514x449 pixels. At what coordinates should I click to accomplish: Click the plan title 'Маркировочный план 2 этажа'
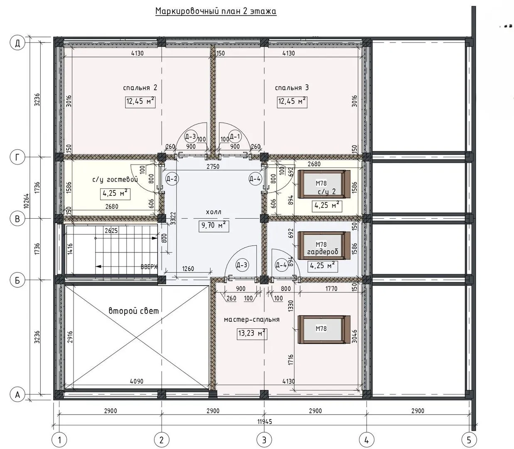pos(216,11)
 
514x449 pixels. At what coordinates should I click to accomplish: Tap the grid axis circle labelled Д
pos(17,43)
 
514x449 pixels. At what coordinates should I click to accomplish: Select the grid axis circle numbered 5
pos(469,440)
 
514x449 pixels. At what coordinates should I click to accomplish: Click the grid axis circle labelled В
pos(17,219)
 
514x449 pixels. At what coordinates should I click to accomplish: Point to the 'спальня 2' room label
pos(140,88)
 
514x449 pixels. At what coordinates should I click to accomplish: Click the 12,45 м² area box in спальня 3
pos(292,102)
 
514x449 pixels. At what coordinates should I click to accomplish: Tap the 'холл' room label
pos(214,212)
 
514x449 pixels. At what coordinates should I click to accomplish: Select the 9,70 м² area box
pos(214,225)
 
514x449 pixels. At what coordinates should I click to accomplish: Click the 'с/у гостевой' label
pos(116,180)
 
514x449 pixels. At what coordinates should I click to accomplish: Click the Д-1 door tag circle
pos(235,137)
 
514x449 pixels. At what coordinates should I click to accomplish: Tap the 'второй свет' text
pos(134,311)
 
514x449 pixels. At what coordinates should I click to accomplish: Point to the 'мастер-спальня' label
pos(251,320)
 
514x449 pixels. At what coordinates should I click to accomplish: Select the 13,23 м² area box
pos(252,333)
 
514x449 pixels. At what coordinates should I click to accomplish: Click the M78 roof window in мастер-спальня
pos(324,329)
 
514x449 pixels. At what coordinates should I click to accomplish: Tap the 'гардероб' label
pos(322,252)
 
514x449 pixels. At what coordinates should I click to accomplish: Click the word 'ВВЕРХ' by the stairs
pos(149,267)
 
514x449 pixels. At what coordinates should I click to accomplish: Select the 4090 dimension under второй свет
pos(136,381)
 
